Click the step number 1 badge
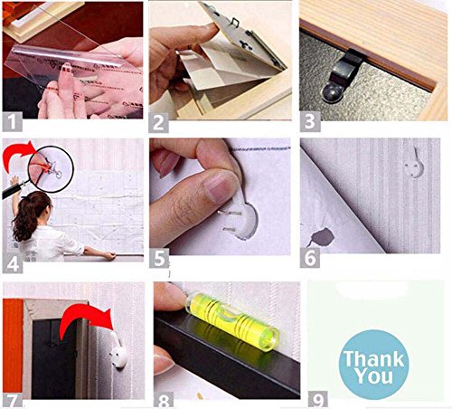(x=13, y=121)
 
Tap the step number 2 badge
(x=158, y=122)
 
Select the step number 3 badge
(x=310, y=121)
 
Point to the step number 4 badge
(x=13, y=263)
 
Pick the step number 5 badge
(x=159, y=258)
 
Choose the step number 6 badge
(x=310, y=257)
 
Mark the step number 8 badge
(x=164, y=400)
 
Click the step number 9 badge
(x=318, y=400)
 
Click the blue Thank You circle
(x=373, y=365)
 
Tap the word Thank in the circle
(x=373, y=358)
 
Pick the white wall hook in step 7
(x=118, y=351)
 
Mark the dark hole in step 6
(x=323, y=237)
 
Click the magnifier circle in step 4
(x=51, y=169)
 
